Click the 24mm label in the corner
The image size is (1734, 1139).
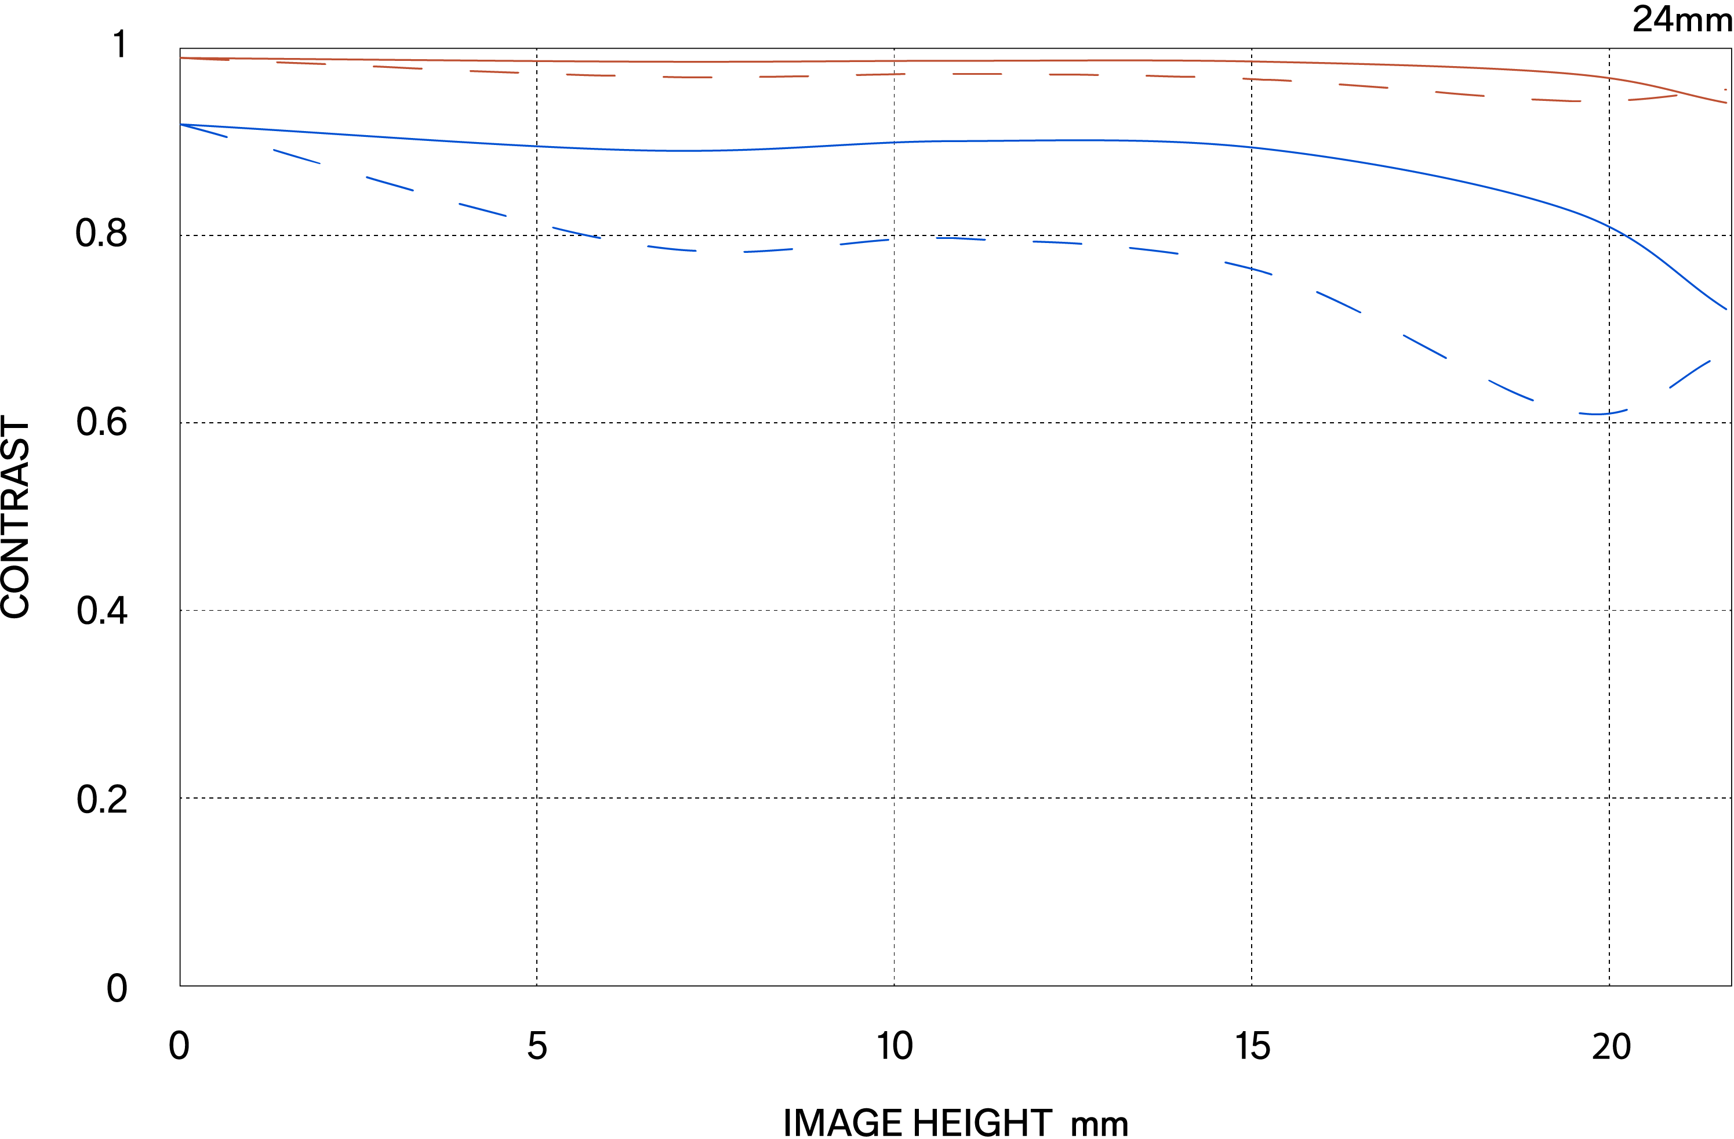point(1682,19)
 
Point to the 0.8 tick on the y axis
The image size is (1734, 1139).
point(101,233)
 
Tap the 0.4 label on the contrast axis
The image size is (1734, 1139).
point(101,610)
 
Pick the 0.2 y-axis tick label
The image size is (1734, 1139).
point(101,799)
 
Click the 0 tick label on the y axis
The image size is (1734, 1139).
point(117,989)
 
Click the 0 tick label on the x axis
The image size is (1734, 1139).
point(179,1046)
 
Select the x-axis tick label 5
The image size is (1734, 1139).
point(537,1046)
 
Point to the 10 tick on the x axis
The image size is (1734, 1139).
point(894,1046)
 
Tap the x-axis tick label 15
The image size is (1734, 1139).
point(1252,1046)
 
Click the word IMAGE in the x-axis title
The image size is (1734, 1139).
point(842,1122)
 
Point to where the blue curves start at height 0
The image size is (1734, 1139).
point(181,125)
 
